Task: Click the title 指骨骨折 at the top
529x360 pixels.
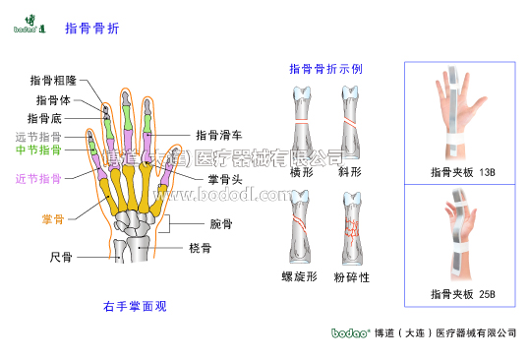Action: [91, 29]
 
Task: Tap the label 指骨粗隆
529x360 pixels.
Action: [53, 81]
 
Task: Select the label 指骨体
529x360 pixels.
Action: [54, 99]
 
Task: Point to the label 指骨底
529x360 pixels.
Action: [45, 118]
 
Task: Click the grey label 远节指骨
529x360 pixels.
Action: [38, 137]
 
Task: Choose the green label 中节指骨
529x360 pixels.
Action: [38, 150]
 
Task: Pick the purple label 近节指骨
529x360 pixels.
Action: [38, 178]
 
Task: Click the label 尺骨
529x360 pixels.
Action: [60, 257]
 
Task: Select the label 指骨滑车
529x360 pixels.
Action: [219, 135]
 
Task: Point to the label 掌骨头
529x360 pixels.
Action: [225, 178]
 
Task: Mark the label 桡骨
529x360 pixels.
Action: [200, 249]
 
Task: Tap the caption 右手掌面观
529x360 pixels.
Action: [135, 306]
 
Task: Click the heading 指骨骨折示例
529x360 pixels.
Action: [325, 69]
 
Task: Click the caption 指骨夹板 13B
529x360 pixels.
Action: [462, 172]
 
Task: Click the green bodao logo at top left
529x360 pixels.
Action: [28, 26]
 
